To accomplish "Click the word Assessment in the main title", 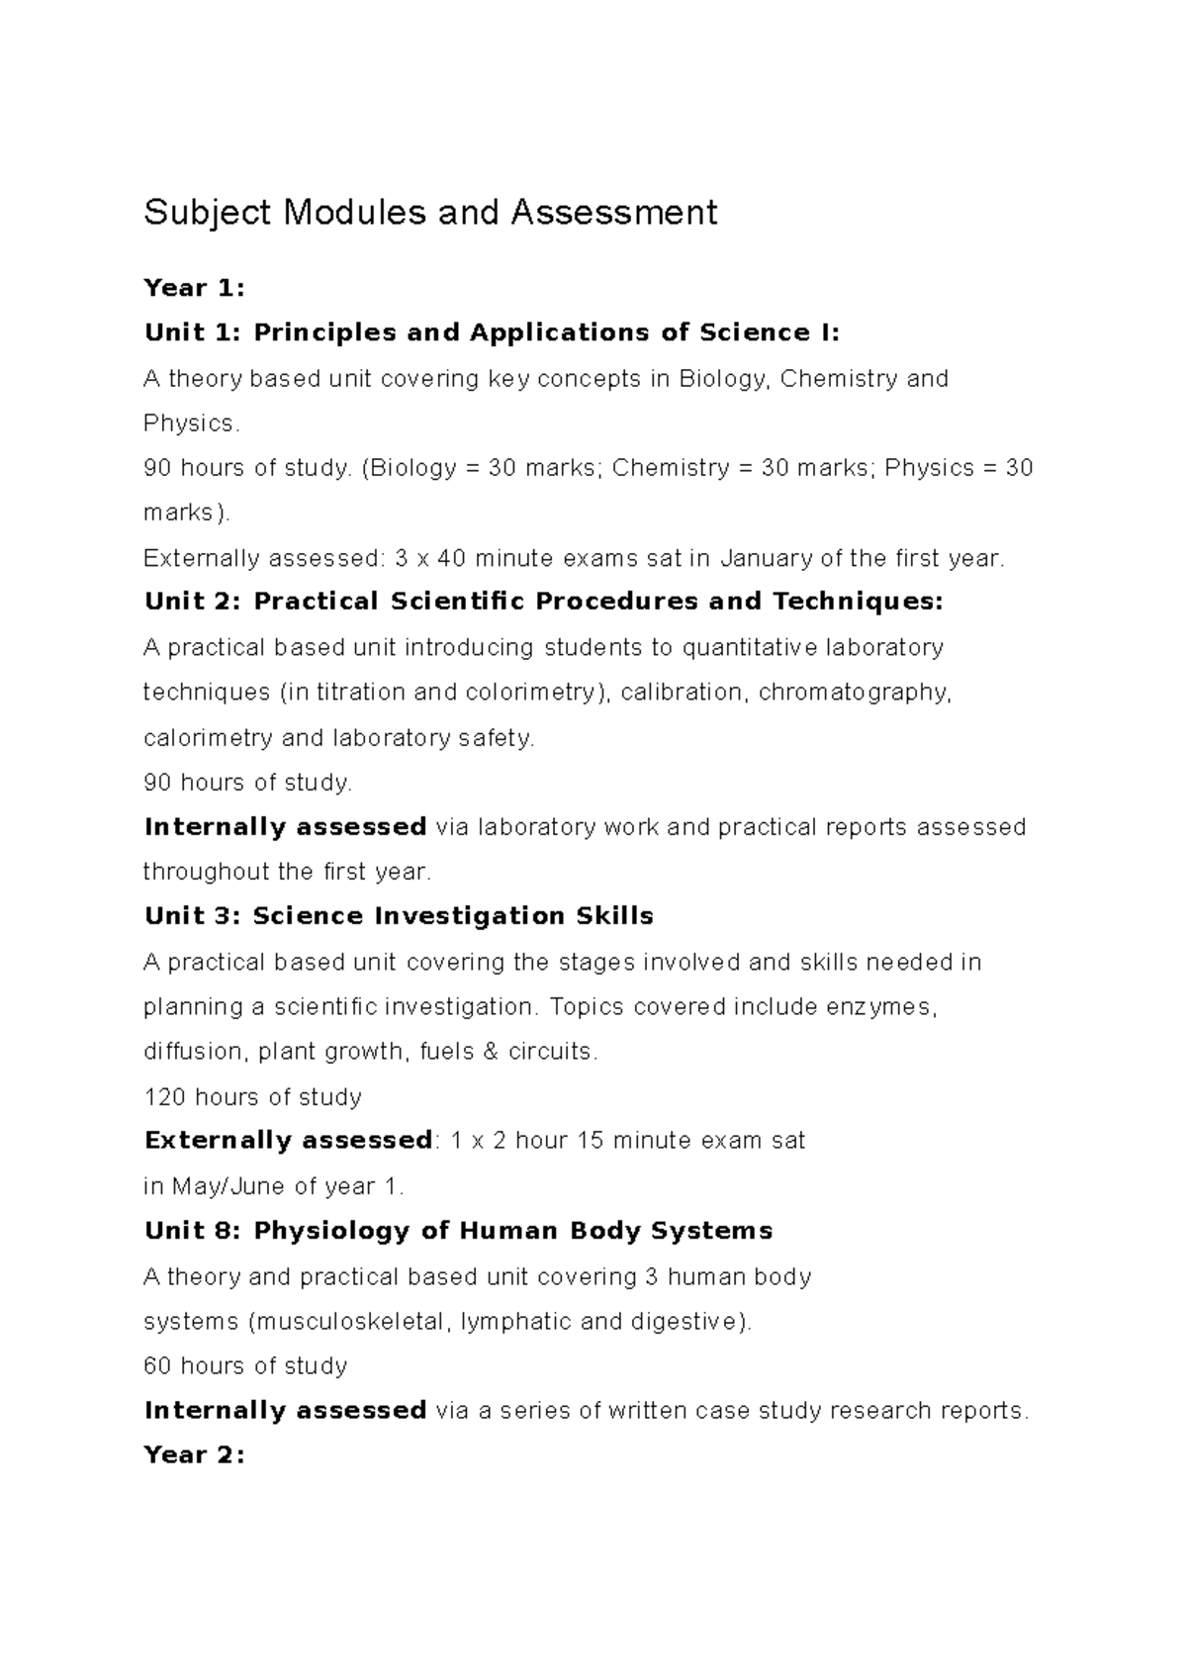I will (613, 213).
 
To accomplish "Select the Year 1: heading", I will (193, 288).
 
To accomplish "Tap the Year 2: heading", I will (193, 1454).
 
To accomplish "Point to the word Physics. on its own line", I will (191, 423).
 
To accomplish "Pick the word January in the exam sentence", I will (766, 558).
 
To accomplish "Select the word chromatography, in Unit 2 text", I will (855, 693).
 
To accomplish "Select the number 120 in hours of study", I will (164, 1097).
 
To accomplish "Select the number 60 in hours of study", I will (157, 1366).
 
